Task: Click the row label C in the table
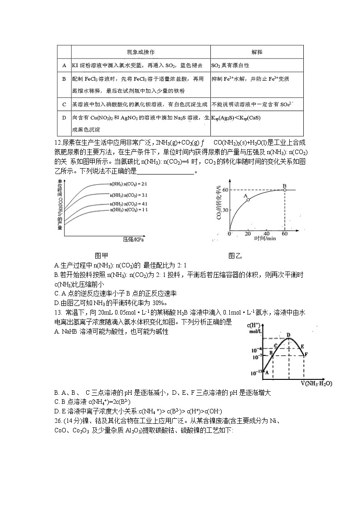64,104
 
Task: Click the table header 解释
257,52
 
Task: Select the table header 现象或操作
141,52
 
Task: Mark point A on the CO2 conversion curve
248,199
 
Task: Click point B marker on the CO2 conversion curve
284,190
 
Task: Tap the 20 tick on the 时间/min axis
248,233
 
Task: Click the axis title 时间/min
265,238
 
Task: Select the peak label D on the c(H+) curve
288,335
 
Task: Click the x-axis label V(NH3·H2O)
316,383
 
